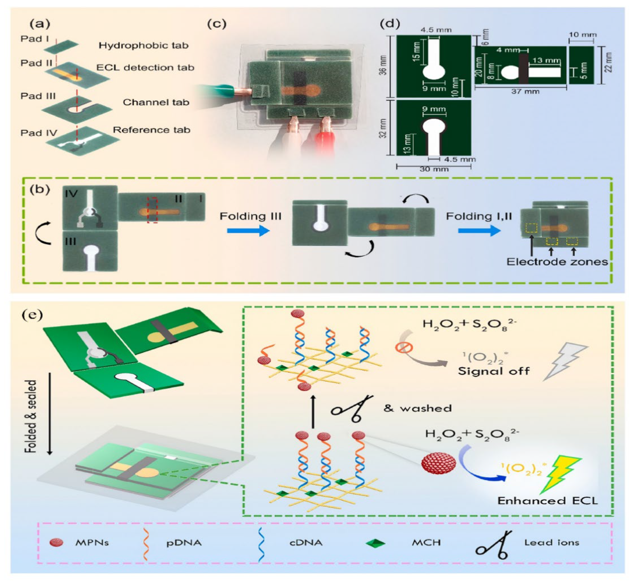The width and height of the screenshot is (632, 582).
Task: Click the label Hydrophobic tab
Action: click(144, 46)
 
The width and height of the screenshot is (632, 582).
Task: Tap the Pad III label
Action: click(38, 96)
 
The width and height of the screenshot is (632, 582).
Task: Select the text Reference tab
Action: click(152, 130)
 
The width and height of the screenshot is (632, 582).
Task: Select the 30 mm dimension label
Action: click(434, 169)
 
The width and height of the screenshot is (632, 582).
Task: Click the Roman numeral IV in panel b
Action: click(71, 193)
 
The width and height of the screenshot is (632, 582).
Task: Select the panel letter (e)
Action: click(32, 315)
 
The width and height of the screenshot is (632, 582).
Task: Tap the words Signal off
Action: click(494, 371)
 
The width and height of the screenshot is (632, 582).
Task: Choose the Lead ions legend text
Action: click(551, 543)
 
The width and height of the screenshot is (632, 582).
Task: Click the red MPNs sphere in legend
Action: click(56, 543)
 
